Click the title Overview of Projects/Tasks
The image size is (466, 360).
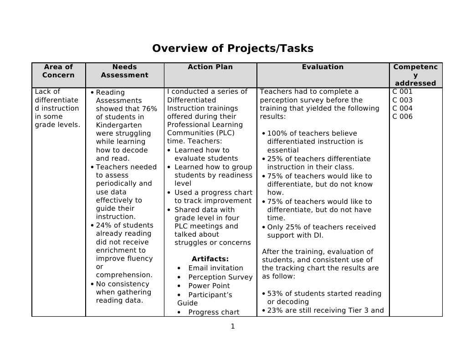pos(233,49)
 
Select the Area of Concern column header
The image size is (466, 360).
pos(58,71)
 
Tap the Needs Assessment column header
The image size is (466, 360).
pos(124,71)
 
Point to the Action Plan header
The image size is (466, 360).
pos(210,67)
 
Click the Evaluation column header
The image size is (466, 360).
pos(323,67)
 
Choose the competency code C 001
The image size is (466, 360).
pos(402,91)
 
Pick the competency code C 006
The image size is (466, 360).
pos(402,117)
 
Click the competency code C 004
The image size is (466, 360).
pos(402,108)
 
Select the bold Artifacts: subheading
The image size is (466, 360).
pos(210,259)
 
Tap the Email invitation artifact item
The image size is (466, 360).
pos(215,268)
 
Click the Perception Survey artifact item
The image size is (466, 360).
pos(220,277)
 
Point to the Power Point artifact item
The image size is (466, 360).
pos(209,286)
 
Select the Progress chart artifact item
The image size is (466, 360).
pos(214,312)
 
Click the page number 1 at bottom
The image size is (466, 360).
pos(232,326)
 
